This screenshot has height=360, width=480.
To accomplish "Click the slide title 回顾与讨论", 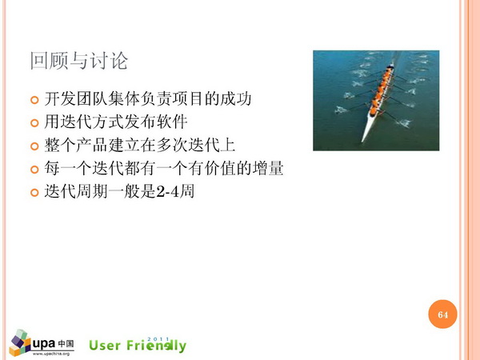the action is tap(78, 61).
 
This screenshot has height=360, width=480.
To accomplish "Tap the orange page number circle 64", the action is tap(442, 314).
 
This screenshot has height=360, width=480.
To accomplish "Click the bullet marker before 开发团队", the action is tap(34, 100).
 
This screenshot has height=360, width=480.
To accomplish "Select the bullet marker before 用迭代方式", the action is tap(34, 123).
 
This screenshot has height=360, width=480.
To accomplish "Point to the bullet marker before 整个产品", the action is tap(34, 146).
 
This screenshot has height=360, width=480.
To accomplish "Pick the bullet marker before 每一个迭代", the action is tap(34, 170).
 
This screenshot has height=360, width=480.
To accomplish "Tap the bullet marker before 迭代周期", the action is tap(34, 193).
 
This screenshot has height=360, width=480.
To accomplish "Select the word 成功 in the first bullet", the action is tap(235, 99).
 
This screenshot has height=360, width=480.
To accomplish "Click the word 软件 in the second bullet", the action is tap(172, 122).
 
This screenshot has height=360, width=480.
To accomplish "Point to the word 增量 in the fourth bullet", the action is tap(268, 168).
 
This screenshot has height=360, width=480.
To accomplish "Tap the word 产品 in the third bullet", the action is tap(92, 145).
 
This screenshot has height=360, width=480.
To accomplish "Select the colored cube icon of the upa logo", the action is tap(20, 343).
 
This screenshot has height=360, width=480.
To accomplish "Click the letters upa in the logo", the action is tap(44, 344).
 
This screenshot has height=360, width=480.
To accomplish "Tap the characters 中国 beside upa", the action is tap(66, 344).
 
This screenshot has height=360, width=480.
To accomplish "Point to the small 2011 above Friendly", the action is tap(158, 339).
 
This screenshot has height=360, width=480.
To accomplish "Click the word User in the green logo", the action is tap(104, 346).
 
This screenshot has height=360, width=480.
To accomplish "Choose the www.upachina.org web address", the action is tap(51, 354).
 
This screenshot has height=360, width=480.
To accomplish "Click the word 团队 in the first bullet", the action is tap(92, 99).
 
